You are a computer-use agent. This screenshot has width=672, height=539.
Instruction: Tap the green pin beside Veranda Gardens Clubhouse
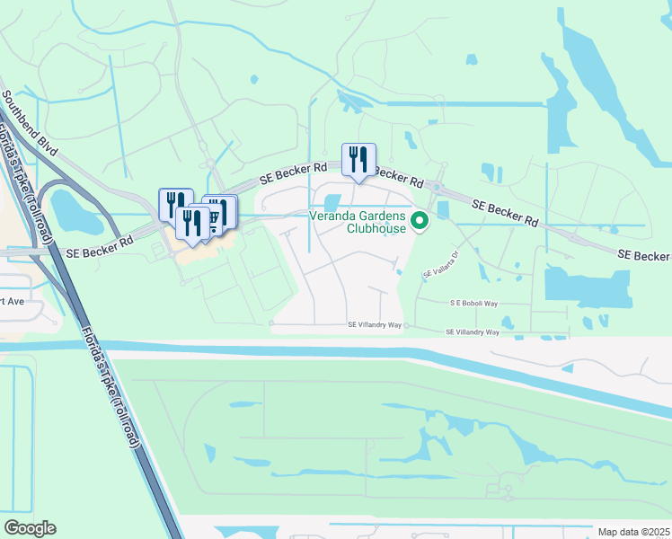point(419,220)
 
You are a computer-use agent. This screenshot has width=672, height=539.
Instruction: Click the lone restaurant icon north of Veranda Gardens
point(358,160)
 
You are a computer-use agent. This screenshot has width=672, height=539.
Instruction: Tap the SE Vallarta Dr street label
point(442,263)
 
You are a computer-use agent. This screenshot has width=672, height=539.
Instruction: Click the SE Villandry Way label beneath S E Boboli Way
point(473,332)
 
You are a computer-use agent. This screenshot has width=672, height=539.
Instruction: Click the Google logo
point(30,528)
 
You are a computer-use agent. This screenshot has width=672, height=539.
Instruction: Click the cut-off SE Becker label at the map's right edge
point(644,256)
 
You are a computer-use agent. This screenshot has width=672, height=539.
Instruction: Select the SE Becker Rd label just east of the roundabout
point(503,213)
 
